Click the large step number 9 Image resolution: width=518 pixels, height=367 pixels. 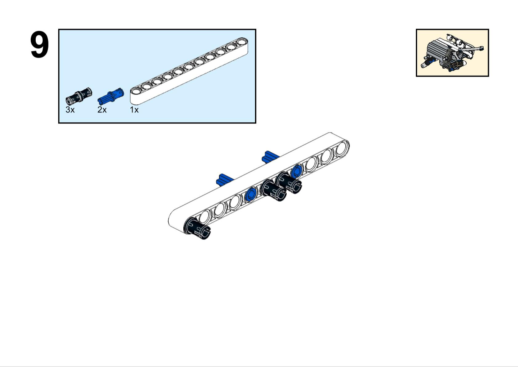(39, 44)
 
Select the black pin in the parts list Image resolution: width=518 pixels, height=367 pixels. (79, 95)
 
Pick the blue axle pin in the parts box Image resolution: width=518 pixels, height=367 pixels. (111, 96)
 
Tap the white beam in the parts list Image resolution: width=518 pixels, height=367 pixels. (189, 71)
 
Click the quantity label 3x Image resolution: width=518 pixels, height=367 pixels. (70, 110)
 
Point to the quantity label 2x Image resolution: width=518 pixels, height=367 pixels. (102, 110)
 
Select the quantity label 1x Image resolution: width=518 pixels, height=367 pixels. (135, 110)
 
